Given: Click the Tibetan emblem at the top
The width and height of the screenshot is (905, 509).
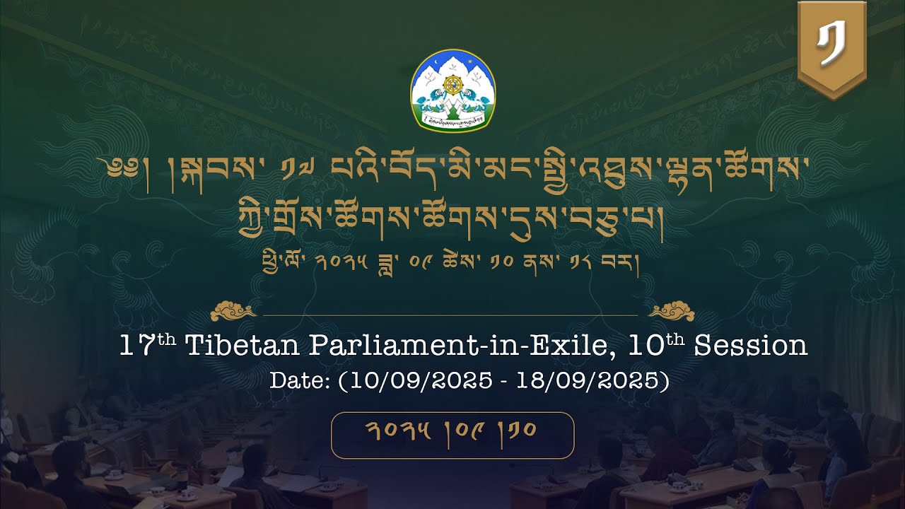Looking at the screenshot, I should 452,90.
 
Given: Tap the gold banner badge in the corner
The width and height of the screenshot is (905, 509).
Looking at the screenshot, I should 831,48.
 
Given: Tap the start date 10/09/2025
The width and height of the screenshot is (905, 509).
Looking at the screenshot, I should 416,380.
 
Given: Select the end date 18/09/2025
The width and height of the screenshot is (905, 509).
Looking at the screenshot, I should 592,380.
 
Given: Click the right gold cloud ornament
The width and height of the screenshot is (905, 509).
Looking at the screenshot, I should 671,310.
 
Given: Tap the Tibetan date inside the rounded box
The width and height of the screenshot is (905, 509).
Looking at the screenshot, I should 452,431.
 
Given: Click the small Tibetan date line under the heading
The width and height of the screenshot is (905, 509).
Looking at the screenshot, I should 452,267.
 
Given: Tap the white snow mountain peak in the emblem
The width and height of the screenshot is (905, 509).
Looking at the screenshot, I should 452,64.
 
